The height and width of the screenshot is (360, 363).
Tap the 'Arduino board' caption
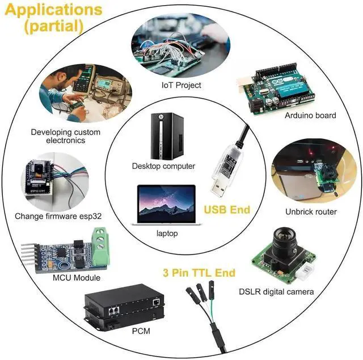[310, 115]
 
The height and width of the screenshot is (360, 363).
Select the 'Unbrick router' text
[311, 211]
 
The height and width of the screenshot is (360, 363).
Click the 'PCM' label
[141, 331]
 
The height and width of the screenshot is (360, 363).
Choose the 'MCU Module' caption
[77, 278]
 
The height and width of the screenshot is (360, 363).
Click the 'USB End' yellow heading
[227, 210]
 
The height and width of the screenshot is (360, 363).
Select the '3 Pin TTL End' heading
[199, 273]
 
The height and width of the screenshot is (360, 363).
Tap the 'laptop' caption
[167, 233]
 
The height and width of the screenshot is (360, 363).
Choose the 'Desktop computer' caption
[163, 166]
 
